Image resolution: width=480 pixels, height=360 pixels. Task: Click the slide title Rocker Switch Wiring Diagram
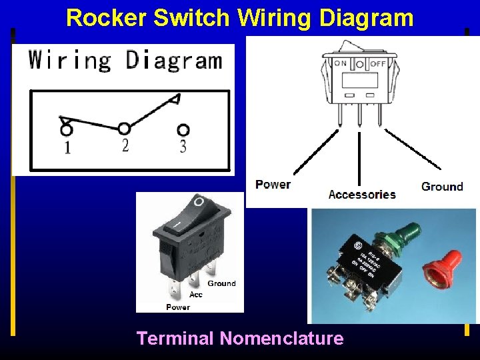pos(240,17)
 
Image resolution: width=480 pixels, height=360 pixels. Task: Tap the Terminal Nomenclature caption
pos(240,339)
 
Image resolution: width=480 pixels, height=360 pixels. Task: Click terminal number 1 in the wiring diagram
pos(67,147)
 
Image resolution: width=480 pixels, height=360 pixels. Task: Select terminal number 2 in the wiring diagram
pos(125,145)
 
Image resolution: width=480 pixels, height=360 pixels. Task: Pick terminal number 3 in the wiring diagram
pos(183,147)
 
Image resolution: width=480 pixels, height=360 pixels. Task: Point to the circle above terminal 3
pos(183,130)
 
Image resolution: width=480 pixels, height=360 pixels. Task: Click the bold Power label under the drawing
pos(273,184)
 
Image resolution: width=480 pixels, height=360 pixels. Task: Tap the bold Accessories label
pos(362,195)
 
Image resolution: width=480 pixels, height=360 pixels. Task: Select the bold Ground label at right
pos(442,187)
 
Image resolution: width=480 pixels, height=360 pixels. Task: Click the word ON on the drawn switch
pos(341,63)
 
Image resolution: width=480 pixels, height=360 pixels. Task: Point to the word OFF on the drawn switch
pos(378,63)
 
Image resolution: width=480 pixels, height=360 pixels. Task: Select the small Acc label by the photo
pos(196,295)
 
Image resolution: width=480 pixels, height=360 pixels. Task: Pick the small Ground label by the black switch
pos(221,283)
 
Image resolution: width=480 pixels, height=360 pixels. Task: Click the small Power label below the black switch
pos(178,307)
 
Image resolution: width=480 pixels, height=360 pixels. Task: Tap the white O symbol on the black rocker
pos(198,201)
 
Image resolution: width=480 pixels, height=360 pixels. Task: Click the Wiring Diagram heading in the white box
pos(125,60)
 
